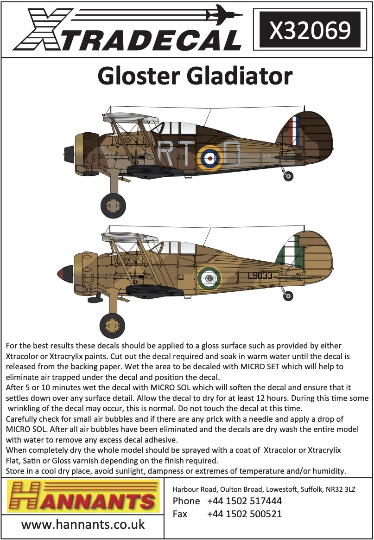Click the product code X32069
[x=310, y=30]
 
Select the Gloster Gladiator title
[x=195, y=77]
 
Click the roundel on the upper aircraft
[x=210, y=158]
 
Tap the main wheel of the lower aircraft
[x=112, y=325]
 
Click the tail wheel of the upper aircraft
[x=288, y=175]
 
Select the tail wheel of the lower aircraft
[x=288, y=295]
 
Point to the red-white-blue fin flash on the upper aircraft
[x=293, y=131]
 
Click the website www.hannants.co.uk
[x=83, y=525]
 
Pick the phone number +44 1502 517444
[x=244, y=501]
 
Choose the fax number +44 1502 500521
[x=244, y=514]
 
